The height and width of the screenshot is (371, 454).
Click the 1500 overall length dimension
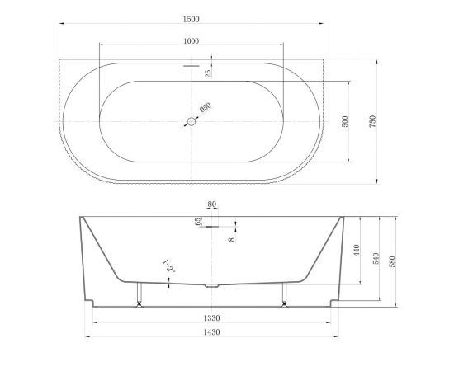click(x=192, y=19)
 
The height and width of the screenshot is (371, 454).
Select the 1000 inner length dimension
click(x=192, y=41)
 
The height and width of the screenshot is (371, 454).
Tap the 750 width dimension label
click(x=372, y=121)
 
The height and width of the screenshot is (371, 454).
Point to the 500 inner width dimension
click(x=345, y=121)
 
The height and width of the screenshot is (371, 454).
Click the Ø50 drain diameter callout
click(x=206, y=107)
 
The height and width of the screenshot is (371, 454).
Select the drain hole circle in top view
click(x=192, y=122)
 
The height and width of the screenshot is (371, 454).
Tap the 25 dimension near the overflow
click(x=208, y=73)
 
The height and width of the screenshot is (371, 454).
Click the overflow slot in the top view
click(x=192, y=66)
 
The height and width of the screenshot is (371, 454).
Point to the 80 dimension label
click(x=211, y=204)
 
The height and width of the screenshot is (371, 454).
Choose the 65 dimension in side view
click(x=198, y=222)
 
